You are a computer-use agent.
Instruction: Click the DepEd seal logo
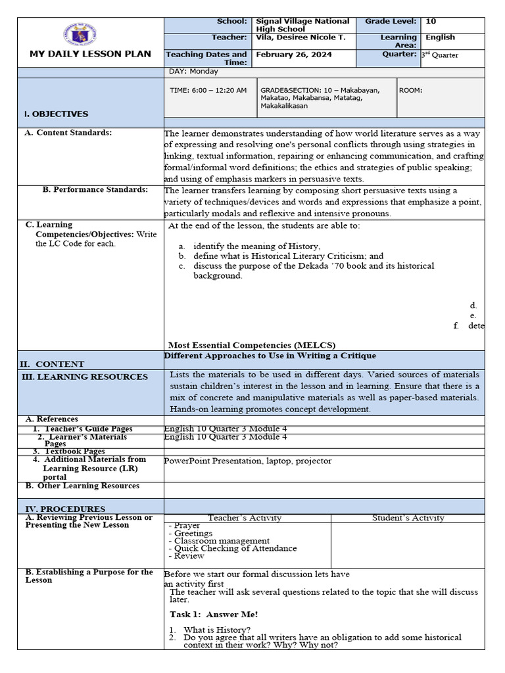click(x=90, y=34)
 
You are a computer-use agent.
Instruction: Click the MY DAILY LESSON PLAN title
click(x=90, y=54)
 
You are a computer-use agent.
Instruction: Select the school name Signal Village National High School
click(x=302, y=26)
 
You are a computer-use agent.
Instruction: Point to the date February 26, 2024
click(x=291, y=55)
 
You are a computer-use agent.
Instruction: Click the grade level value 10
click(x=431, y=22)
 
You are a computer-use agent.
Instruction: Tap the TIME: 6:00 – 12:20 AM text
click(x=208, y=90)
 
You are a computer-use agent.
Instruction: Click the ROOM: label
click(x=411, y=90)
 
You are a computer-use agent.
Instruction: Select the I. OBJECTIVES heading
click(x=56, y=114)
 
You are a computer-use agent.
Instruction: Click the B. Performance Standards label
click(x=95, y=190)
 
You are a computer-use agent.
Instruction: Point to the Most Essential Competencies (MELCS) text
click(x=252, y=345)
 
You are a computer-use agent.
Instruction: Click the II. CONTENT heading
click(x=52, y=363)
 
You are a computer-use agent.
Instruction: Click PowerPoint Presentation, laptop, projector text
click(x=248, y=461)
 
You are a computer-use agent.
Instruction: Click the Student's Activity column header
click(x=408, y=518)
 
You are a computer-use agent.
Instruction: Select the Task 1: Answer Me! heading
click(x=214, y=614)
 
